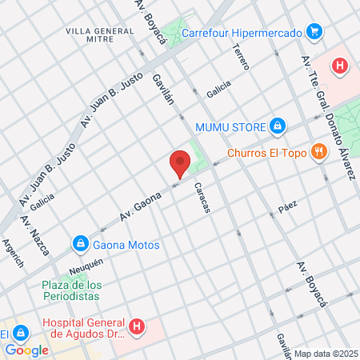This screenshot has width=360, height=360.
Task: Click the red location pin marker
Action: point(179,163)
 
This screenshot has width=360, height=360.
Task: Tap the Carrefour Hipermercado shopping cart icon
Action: point(314,33)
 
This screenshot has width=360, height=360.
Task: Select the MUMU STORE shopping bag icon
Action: point(277,126)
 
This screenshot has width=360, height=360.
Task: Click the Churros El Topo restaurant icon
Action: point(318,151)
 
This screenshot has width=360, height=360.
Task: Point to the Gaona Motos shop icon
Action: point(80,244)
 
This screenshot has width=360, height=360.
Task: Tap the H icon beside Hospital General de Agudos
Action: point(137,326)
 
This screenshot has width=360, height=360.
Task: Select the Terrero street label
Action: point(241,55)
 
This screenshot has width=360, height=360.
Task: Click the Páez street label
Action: point(288,205)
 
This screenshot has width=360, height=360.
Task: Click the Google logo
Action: point(26,350)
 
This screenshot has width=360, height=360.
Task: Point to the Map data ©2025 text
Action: point(326,354)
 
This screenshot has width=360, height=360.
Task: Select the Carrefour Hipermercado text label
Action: point(242,34)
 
